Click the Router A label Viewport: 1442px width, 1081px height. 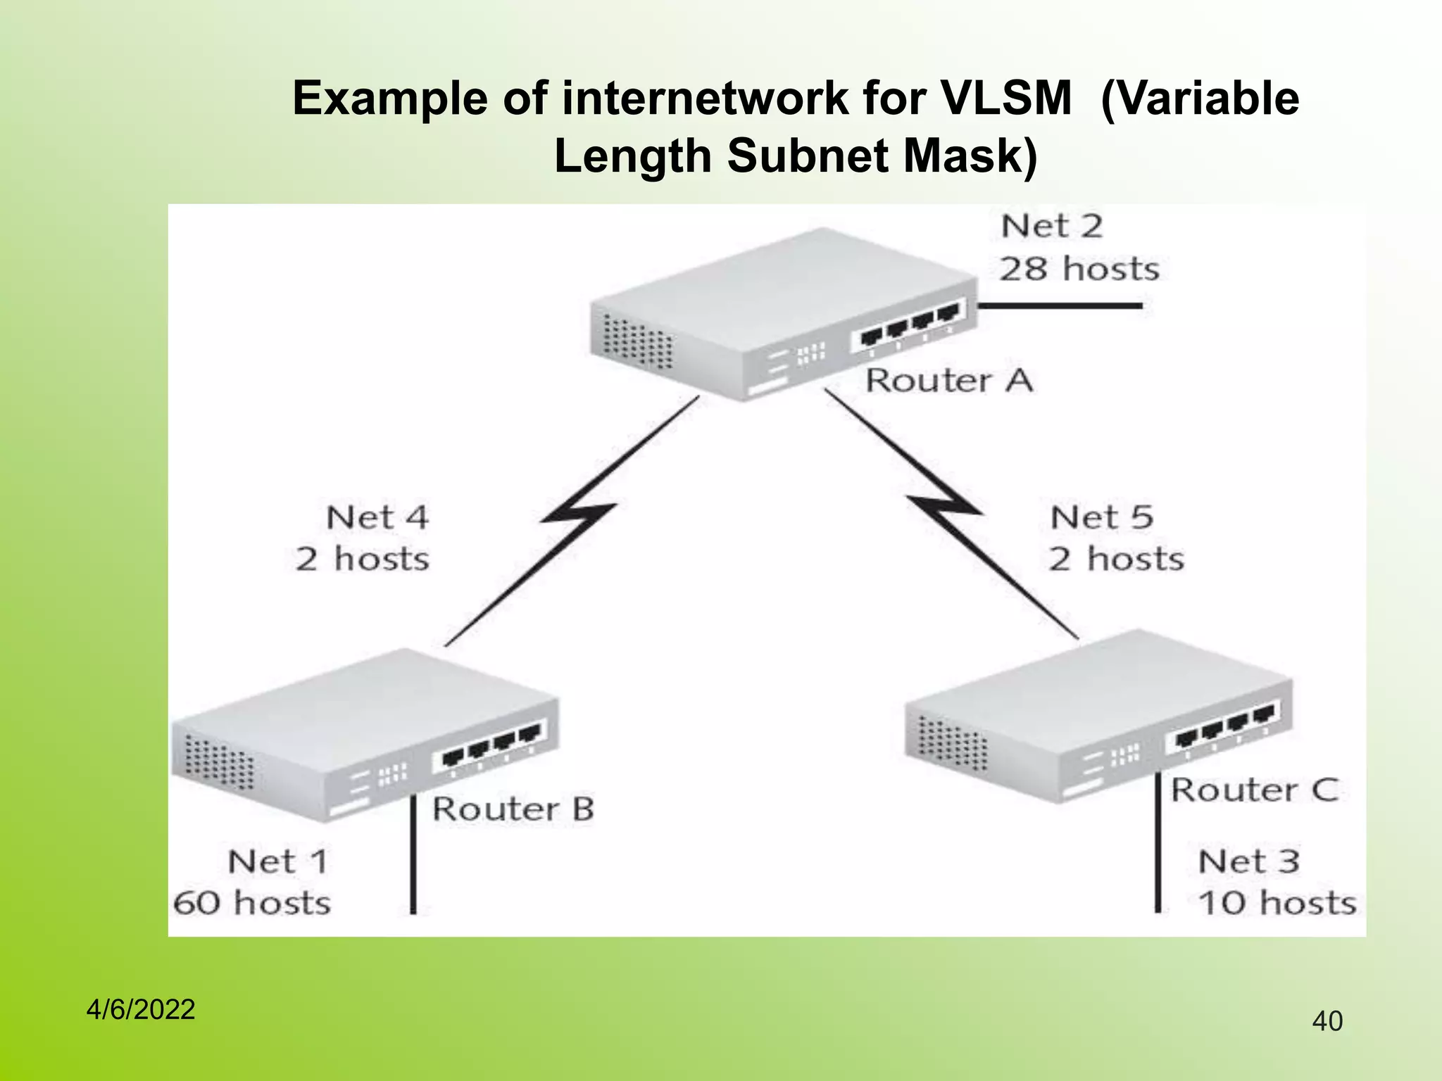point(948,381)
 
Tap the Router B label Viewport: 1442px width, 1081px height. point(513,809)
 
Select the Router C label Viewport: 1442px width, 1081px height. point(1254,790)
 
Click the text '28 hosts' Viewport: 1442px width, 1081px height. point(1079,269)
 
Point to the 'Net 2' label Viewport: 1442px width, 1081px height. point(1051,227)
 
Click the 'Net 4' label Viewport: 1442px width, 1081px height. point(377,518)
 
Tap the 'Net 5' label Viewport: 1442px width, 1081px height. point(1102,518)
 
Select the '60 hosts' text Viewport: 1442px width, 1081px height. point(252,903)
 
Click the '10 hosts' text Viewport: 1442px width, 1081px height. point(1277,903)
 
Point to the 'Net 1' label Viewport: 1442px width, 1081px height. point(278,861)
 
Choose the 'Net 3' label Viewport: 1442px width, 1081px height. point(1248,861)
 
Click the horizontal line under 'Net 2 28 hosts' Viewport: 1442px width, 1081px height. point(1060,306)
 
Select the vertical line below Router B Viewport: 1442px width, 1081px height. point(413,855)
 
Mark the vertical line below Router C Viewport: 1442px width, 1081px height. point(1158,845)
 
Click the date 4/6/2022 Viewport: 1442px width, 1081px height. point(140,1010)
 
